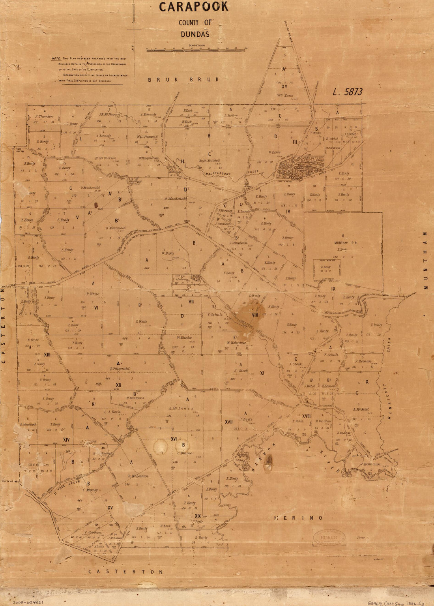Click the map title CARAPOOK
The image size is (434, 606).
(194, 7)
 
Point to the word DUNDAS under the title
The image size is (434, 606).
(195, 34)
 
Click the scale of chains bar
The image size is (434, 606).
(196, 50)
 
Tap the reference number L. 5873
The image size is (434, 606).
(347, 92)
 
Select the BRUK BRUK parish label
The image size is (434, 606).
(183, 80)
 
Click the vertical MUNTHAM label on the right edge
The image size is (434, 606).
(425, 261)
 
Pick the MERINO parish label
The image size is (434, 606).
(299, 518)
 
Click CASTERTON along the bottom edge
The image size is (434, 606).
(125, 572)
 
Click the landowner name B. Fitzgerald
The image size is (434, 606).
(120, 369)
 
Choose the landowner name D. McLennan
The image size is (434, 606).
(138, 476)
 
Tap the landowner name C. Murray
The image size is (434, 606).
(90, 490)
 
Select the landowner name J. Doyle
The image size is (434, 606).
(245, 419)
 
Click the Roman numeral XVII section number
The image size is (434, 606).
(228, 422)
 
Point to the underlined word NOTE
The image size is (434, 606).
(56, 58)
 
